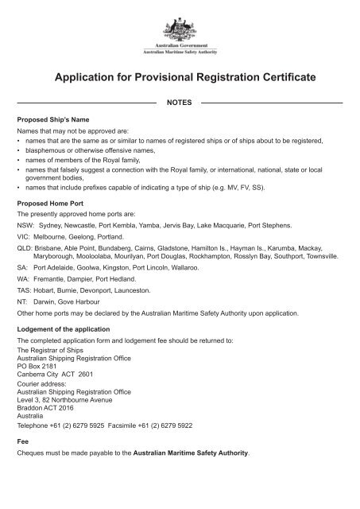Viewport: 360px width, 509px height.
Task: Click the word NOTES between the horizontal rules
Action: pos(180,103)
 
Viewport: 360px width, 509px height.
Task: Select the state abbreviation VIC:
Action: pos(24,237)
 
